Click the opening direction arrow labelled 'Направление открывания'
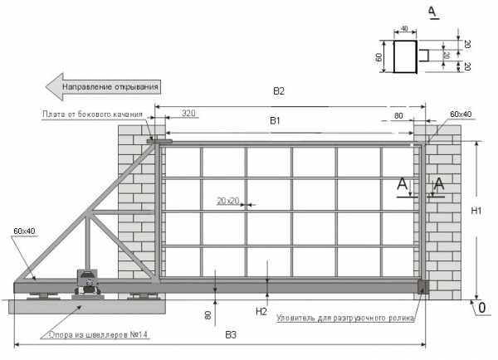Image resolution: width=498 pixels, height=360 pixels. coord(103,86)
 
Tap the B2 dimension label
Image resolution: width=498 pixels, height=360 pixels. coord(279,91)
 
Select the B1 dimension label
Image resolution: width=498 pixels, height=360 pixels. coord(275,120)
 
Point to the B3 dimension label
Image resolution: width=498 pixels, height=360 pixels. coord(231,335)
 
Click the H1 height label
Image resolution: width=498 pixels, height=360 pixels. coord(476,211)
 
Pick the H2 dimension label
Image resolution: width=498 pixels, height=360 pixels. coord(261,312)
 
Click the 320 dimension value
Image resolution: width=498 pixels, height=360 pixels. coord(188,113)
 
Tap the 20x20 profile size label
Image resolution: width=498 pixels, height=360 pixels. coord(228,201)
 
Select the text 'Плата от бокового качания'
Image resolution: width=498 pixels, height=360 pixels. coord(92,114)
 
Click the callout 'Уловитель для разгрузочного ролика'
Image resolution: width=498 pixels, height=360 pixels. coord(345,318)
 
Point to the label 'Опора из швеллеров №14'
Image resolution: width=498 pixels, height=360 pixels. coord(99,335)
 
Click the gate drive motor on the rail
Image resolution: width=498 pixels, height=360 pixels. coord(88,282)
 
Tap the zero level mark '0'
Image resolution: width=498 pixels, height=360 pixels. coord(481,308)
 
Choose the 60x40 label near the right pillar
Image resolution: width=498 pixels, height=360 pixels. coord(461,114)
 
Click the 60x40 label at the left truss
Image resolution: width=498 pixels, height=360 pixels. coord(24,231)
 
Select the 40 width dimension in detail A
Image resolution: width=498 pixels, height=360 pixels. coord(405,28)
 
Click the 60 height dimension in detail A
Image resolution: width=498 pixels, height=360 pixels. coord(378,57)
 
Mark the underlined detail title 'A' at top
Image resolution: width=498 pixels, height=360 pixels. coord(432,12)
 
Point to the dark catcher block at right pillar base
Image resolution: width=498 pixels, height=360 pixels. coord(422,287)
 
